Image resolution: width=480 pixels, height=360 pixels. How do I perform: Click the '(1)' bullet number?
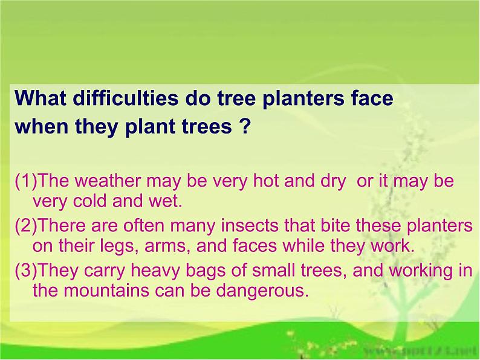[27, 181]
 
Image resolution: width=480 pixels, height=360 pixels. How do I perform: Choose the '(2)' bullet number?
[27, 226]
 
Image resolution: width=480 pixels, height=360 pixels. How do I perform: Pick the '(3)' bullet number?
[27, 271]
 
